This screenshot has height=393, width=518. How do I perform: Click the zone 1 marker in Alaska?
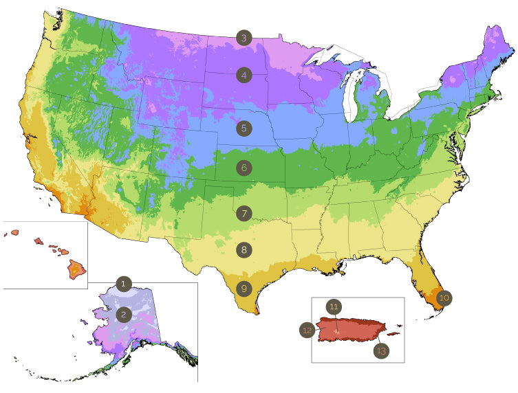124,283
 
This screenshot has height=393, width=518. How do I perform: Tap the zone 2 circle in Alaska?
124,315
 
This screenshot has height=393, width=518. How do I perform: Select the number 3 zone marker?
244,38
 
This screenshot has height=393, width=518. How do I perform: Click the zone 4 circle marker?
244,76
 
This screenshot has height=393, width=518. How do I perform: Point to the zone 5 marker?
244,128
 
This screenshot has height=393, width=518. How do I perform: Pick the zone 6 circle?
244,167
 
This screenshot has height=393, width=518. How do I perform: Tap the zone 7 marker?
244,213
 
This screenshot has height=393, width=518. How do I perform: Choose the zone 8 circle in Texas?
244,250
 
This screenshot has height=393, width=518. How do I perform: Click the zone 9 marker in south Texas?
244,289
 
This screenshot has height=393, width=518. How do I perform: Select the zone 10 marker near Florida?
444,297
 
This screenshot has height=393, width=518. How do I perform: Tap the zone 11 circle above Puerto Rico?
334,306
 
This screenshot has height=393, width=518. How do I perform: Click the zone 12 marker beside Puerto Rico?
307,330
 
